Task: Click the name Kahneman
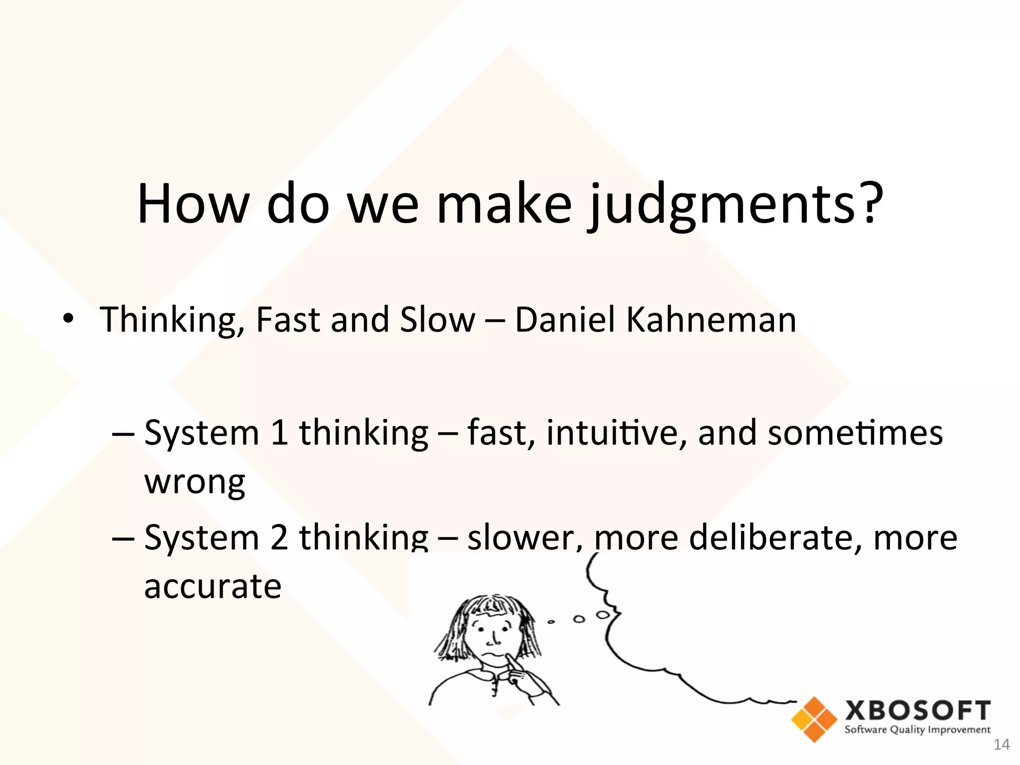(711, 319)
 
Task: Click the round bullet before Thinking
(68, 318)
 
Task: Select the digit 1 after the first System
(279, 432)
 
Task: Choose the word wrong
(195, 482)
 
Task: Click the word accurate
(213, 586)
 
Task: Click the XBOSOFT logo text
(917, 711)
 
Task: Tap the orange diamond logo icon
(814, 719)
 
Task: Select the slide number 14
(1001, 745)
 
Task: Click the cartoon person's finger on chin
(510, 662)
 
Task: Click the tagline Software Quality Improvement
(917, 730)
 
